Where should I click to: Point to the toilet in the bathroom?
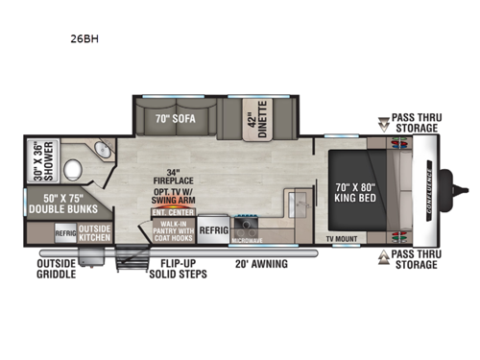pyautogui.click(x=71, y=171)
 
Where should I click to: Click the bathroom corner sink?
pyautogui.click(x=102, y=152)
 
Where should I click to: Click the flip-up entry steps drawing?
pyautogui.click(x=130, y=256)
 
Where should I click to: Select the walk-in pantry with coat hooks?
pyautogui.click(x=173, y=233)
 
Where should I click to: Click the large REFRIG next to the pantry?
pyautogui.click(x=214, y=231)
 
